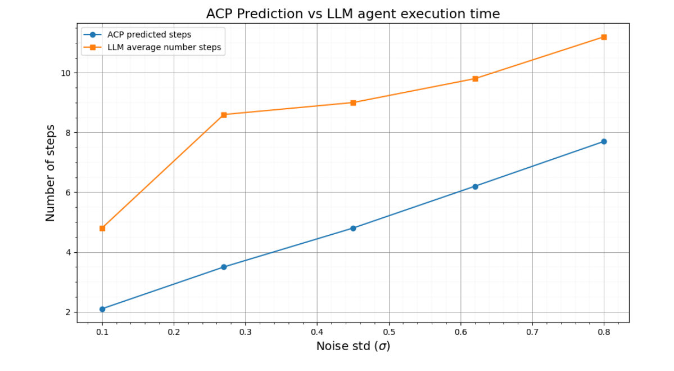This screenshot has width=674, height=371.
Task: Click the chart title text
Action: click(352, 14)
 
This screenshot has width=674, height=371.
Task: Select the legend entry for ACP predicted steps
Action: click(149, 35)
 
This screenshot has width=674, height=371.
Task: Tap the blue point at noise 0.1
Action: click(102, 309)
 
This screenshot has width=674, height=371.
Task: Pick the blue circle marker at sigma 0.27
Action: click(224, 267)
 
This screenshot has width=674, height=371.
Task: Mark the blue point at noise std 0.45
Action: click(353, 228)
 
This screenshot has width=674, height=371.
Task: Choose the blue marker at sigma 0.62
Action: click(475, 186)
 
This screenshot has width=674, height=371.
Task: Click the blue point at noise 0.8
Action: click(604, 141)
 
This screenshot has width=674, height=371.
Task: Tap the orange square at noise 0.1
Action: click(102, 228)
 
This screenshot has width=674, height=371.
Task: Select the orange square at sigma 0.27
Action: click(224, 115)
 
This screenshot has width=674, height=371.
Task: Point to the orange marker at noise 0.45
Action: click(353, 102)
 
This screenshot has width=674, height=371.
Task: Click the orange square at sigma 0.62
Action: click(475, 79)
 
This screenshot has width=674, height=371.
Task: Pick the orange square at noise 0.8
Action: click(604, 37)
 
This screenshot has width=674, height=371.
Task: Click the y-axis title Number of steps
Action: click(51, 173)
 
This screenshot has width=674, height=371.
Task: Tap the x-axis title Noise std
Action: click(352, 346)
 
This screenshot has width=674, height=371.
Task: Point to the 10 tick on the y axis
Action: click(66, 73)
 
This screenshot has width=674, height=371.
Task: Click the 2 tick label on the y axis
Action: click(68, 312)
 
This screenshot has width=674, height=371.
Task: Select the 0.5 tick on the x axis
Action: click(388, 332)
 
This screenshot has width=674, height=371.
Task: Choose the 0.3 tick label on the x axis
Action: click(245, 332)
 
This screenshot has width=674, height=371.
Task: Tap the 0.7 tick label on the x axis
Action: click(532, 332)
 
